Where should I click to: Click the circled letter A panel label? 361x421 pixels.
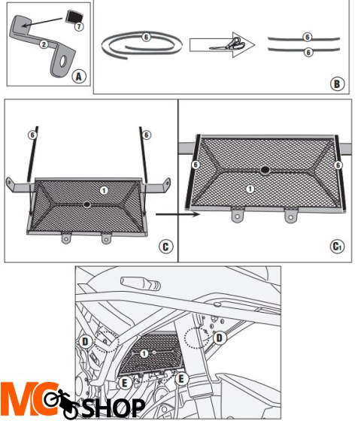pos(79,77)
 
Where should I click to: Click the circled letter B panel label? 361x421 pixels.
pos(337,83)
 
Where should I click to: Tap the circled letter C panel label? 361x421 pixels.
pos(165,247)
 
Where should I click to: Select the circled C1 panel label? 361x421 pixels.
pos(337,247)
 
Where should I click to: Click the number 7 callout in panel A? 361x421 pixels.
pos(79,26)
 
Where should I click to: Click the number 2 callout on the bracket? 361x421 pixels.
pos(44,44)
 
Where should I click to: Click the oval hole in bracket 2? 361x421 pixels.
pos(63,62)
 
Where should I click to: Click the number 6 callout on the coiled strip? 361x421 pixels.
pos(146,37)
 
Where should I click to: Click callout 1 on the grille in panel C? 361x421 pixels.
pos(104,190)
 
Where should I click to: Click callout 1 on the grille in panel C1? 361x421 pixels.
pos(250,189)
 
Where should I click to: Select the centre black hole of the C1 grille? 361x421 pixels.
pos(265,170)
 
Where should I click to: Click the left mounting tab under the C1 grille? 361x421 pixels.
pos(238,215)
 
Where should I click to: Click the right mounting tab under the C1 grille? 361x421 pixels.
pos(290,215)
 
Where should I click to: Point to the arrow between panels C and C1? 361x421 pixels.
pos(177,214)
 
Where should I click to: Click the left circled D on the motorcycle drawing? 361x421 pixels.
pos(85,342)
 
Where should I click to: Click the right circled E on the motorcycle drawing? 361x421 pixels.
pos(181,379)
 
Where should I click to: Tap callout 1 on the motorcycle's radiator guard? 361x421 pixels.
pos(144,353)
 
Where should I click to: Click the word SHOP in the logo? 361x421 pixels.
pos(114,407)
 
